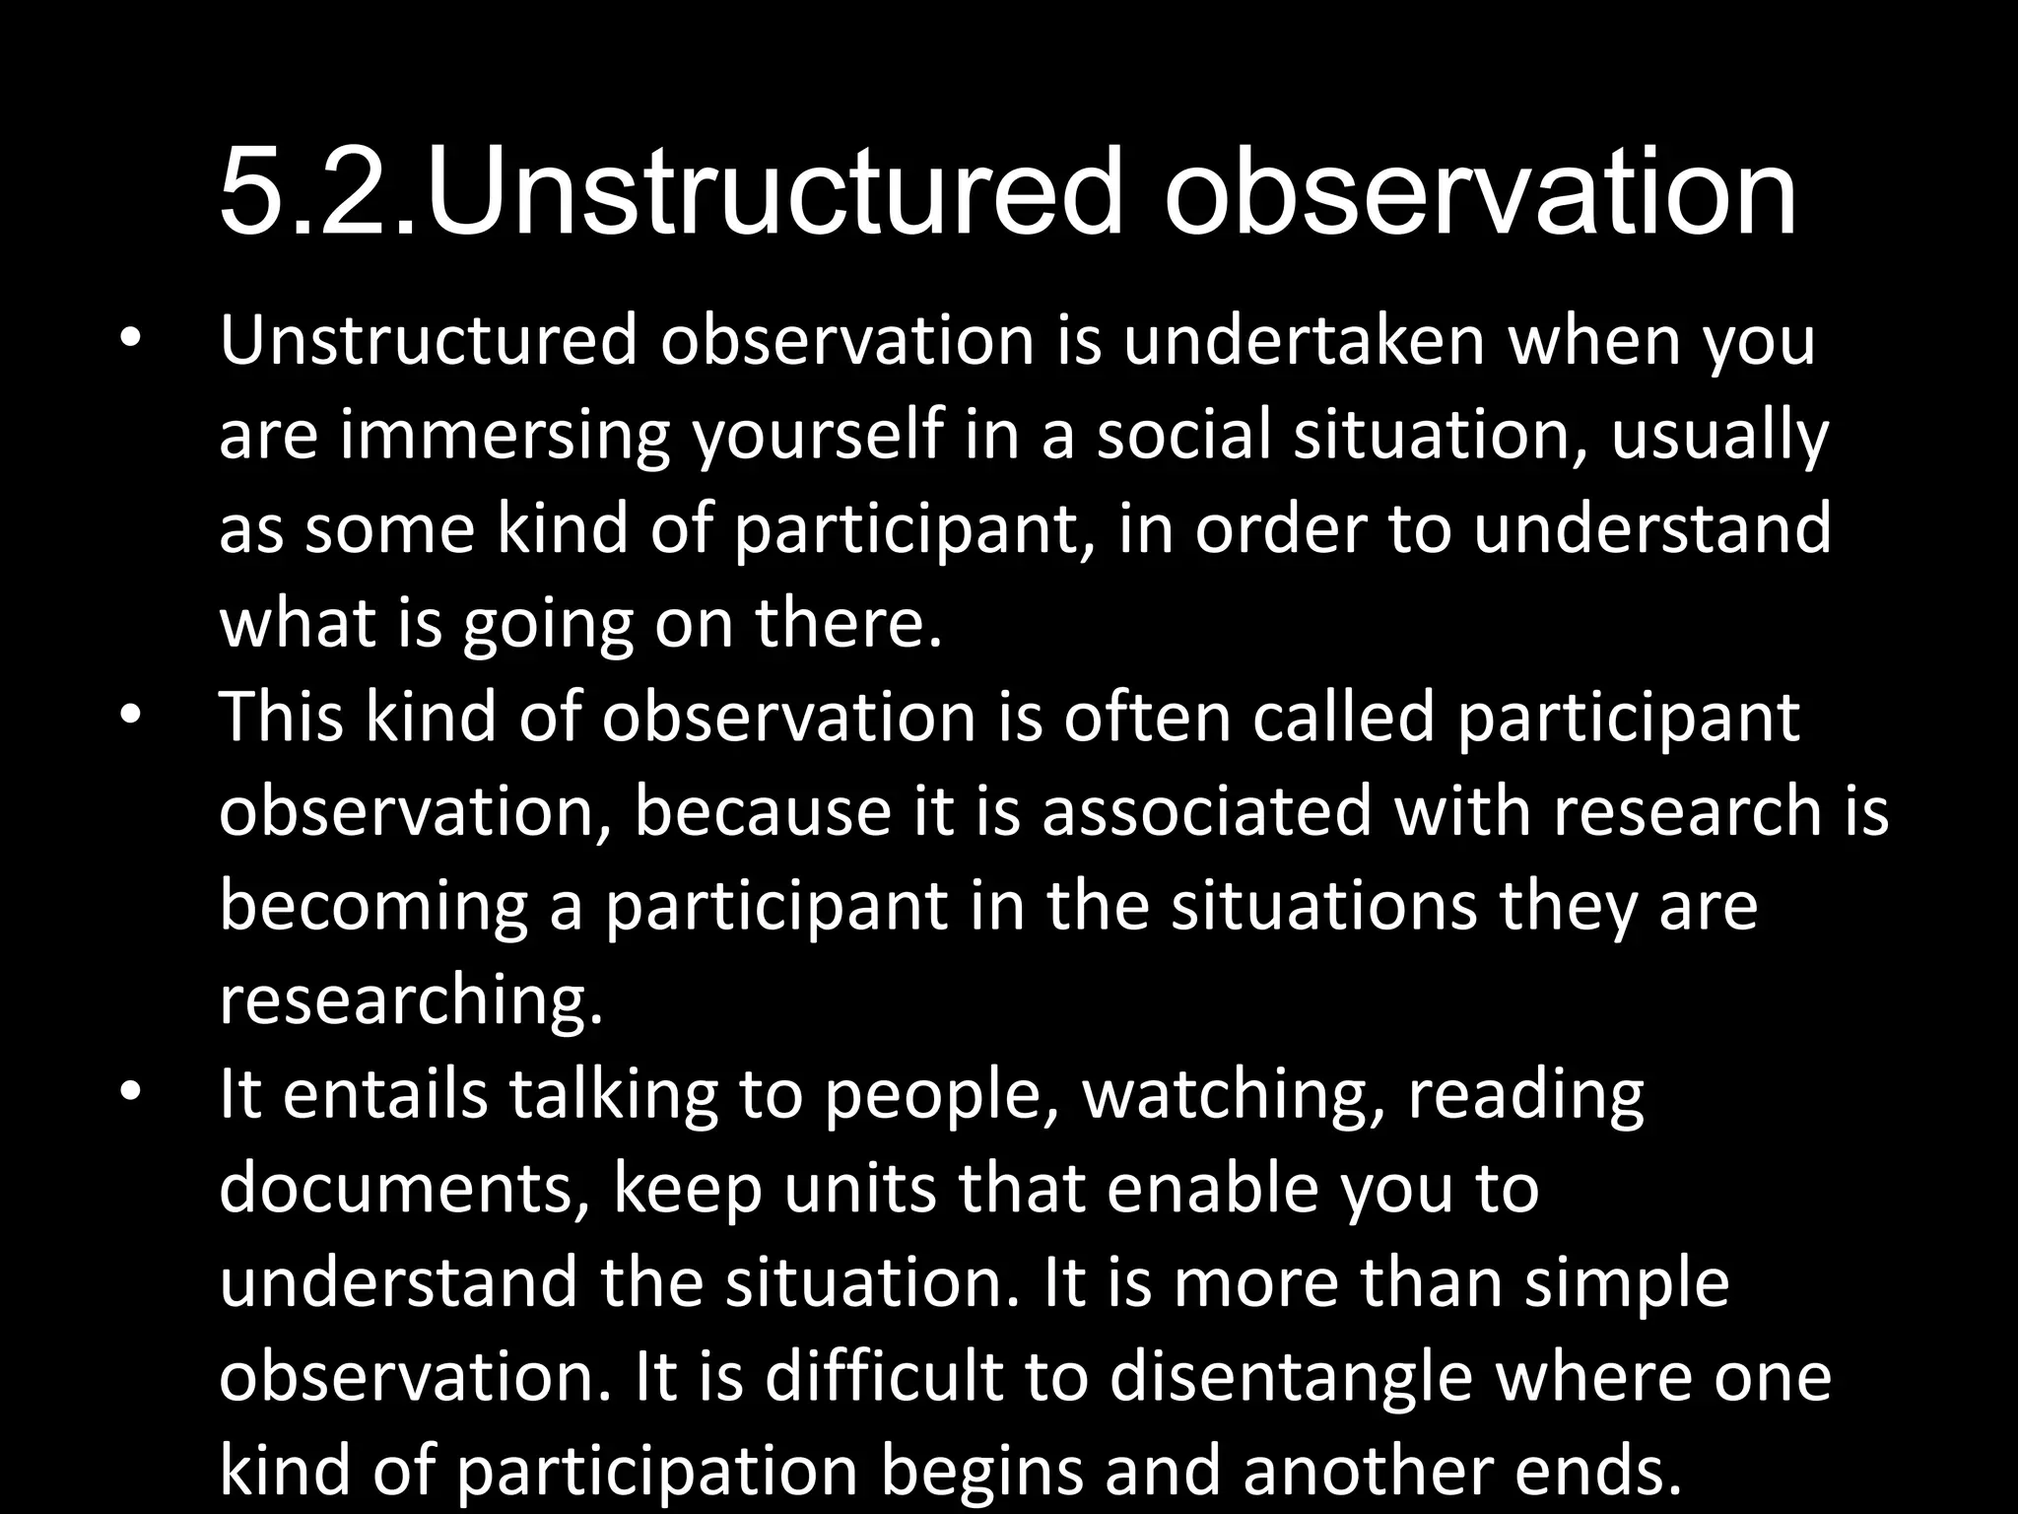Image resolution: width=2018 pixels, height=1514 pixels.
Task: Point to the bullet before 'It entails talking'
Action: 131,1093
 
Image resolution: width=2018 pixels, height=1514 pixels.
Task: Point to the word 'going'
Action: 548,625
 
